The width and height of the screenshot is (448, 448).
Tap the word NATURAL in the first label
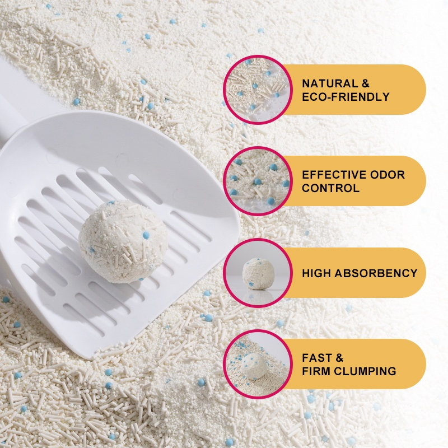pyautogui.click(x=329, y=83)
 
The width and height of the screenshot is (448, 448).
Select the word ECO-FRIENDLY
pyautogui.click(x=346, y=97)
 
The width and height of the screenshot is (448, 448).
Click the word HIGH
pyautogui.click(x=316, y=273)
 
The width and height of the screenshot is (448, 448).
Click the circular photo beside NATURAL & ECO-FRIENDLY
pyautogui.click(x=258, y=90)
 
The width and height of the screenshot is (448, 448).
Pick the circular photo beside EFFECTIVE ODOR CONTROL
pyautogui.click(x=258, y=181)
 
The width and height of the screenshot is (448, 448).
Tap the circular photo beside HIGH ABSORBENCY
pyautogui.click(x=258, y=273)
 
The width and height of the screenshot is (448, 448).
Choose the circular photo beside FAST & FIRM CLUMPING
pyautogui.click(x=258, y=364)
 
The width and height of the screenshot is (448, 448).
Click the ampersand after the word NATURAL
pyautogui.click(x=365, y=83)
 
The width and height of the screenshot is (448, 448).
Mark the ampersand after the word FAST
pyautogui.click(x=339, y=358)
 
